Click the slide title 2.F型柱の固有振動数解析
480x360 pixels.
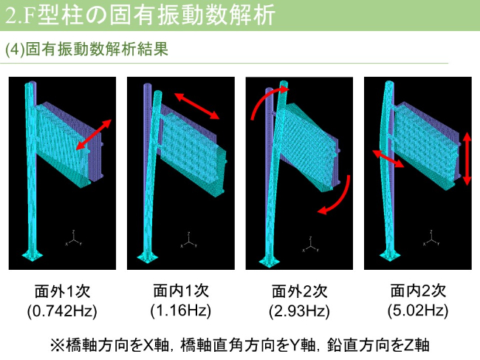tap(140, 14)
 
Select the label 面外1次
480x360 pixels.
tap(62, 291)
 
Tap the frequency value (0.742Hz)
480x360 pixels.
tap(62, 310)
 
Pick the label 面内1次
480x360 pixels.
tap(180, 291)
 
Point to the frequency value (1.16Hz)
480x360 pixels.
tap(180, 310)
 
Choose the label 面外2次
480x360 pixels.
tap(298, 291)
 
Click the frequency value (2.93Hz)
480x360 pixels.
tap(298, 310)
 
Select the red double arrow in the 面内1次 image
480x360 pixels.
tap(197, 106)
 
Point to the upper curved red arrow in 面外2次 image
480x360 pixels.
tap(259, 102)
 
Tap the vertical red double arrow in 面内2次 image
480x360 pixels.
tap(466, 158)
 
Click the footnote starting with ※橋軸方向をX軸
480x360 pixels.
tap(239, 344)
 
